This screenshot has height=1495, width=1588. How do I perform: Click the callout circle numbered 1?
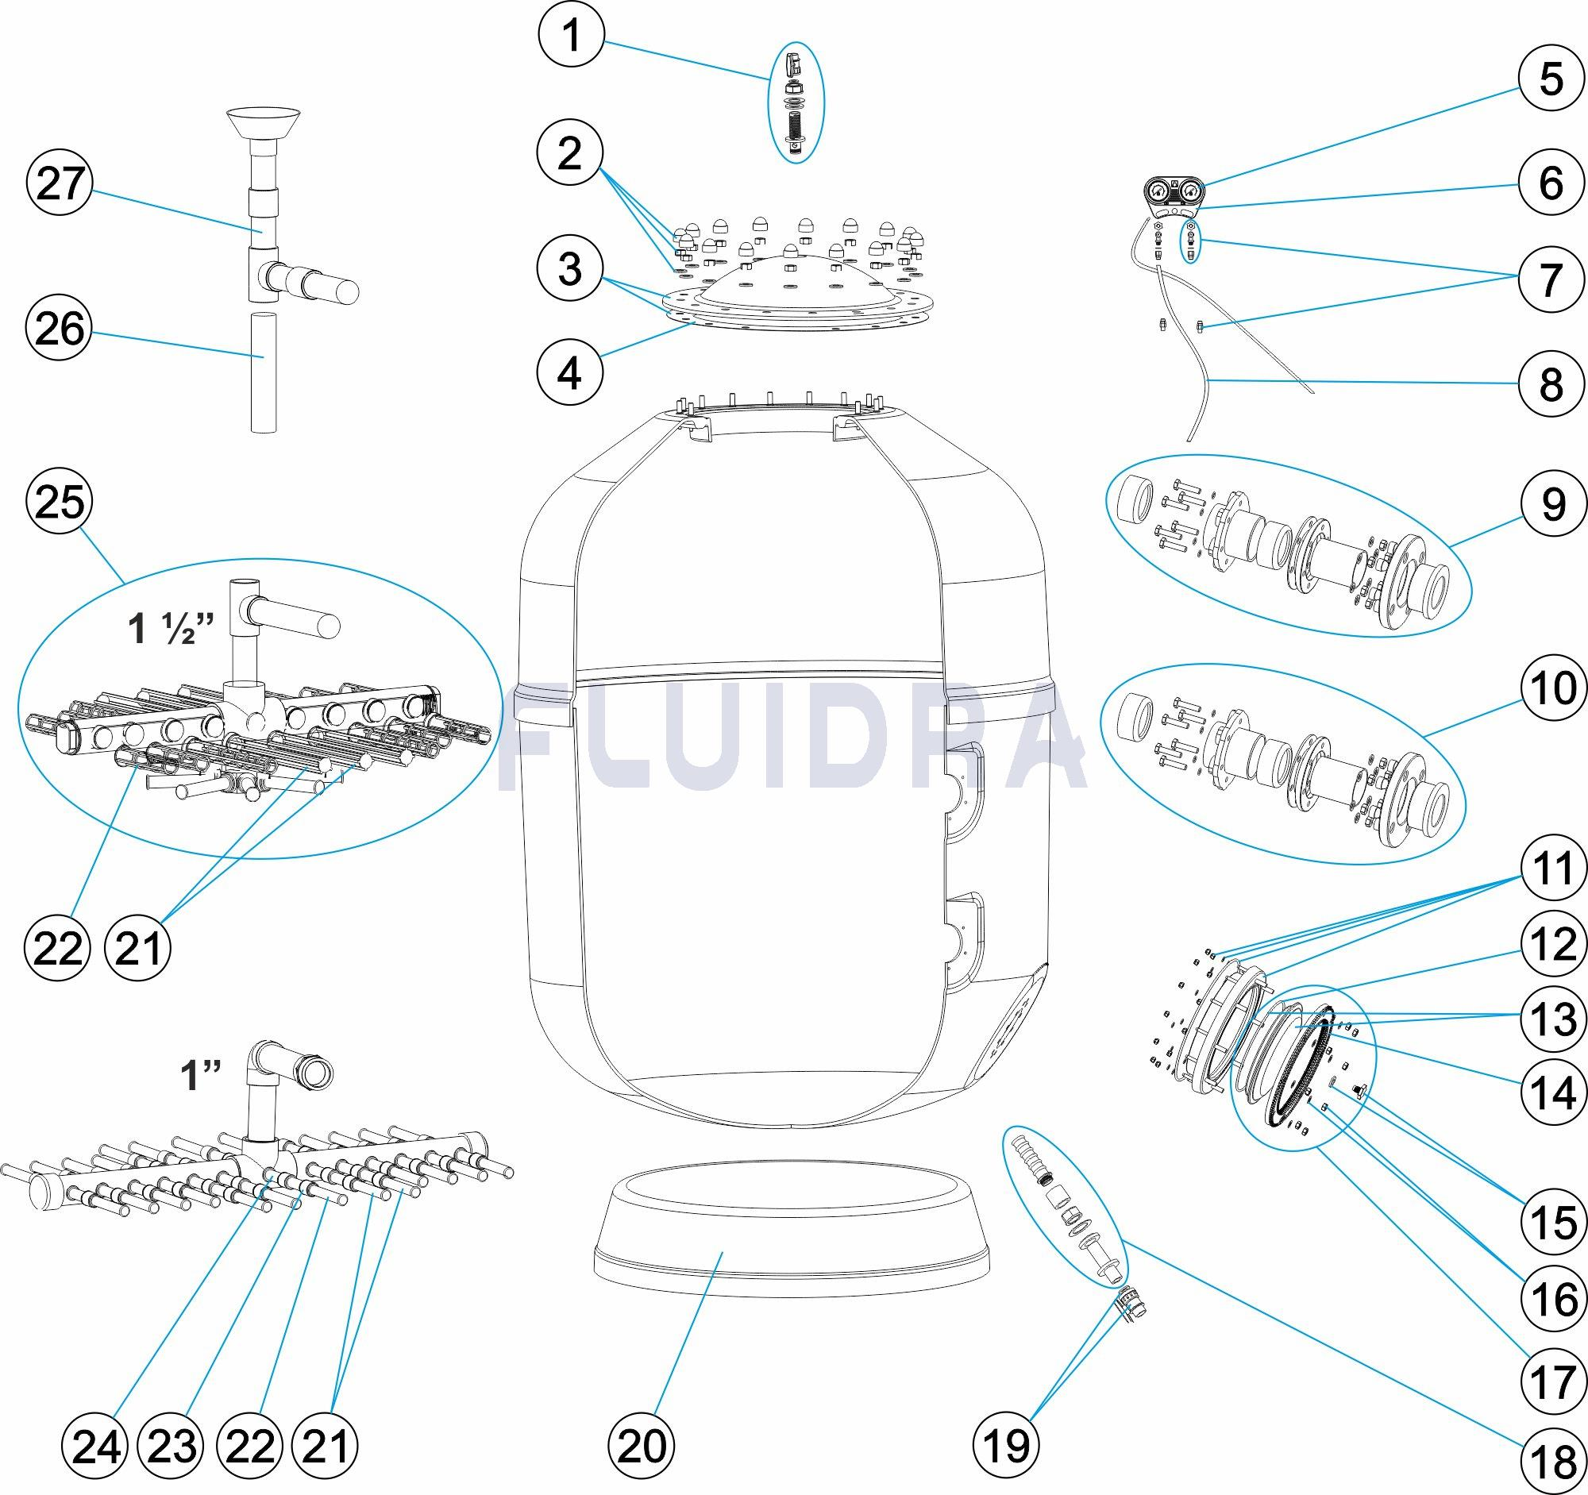click(x=570, y=39)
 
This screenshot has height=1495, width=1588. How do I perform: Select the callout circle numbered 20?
click(x=642, y=1444)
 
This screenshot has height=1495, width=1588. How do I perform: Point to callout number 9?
click(x=1552, y=503)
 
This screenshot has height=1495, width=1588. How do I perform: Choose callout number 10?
click(x=1552, y=688)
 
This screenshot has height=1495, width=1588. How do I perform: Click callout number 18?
click(x=1552, y=1458)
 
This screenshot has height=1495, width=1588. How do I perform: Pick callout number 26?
click(x=61, y=328)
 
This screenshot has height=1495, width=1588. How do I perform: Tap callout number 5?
click(x=1551, y=80)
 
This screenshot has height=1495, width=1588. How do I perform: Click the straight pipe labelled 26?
click(x=264, y=373)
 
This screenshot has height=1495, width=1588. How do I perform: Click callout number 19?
click(x=1006, y=1444)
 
